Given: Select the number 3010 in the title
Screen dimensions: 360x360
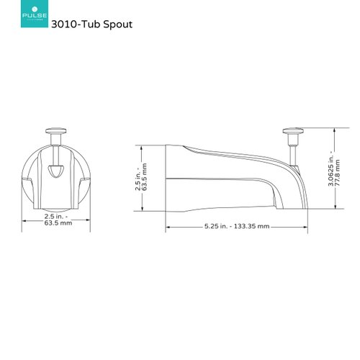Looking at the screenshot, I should [76, 23].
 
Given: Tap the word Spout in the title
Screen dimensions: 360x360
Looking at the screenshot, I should [118, 23].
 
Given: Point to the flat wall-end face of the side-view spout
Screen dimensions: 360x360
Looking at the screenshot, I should [167, 177].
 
